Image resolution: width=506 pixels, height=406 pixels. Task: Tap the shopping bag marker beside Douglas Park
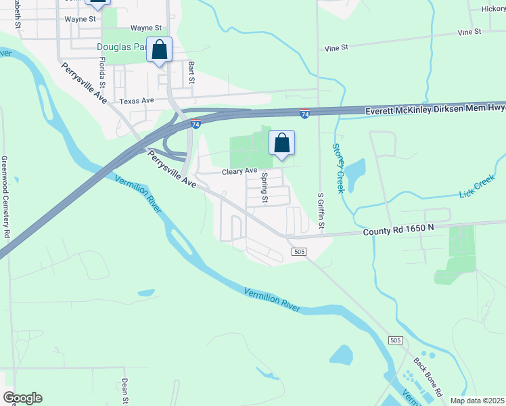[x=159, y=50]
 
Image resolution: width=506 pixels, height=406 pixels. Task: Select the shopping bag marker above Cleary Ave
[x=282, y=144]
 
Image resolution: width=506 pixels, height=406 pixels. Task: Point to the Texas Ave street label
[x=137, y=101]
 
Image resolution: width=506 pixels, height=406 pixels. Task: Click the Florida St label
[x=103, y=73]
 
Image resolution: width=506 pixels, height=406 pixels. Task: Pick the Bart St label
[x=191, y=72]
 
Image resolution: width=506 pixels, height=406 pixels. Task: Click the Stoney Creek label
[x=338, y=168]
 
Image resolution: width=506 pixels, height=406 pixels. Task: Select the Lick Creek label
[x=476, y=185]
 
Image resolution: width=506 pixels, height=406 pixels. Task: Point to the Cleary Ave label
[x=240, y=171]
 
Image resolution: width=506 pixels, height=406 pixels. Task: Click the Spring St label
[x=265, y=187]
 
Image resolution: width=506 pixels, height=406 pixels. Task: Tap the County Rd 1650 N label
[x=399, y=231]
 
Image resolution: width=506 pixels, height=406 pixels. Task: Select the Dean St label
[x=125, y=391]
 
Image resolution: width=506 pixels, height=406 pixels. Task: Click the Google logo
[x=22, y=398]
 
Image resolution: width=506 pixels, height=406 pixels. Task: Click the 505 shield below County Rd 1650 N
[x=300, y=252]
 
